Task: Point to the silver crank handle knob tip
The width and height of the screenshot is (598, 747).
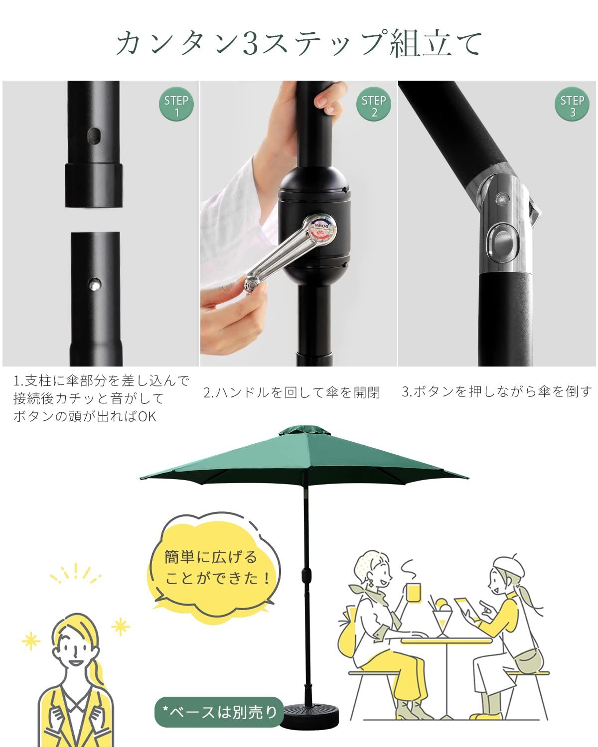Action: click(x=251, y=284)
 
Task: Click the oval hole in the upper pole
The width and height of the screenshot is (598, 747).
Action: click(x=94, y=135)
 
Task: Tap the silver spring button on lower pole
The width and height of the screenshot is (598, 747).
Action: click(x=94, y=284)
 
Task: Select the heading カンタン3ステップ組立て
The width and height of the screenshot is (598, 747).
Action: click(x=299, y=43)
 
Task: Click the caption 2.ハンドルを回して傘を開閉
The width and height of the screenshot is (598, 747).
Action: click(x=292, y=392)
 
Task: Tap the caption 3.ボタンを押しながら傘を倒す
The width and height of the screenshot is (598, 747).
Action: click(x=497, y=391)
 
